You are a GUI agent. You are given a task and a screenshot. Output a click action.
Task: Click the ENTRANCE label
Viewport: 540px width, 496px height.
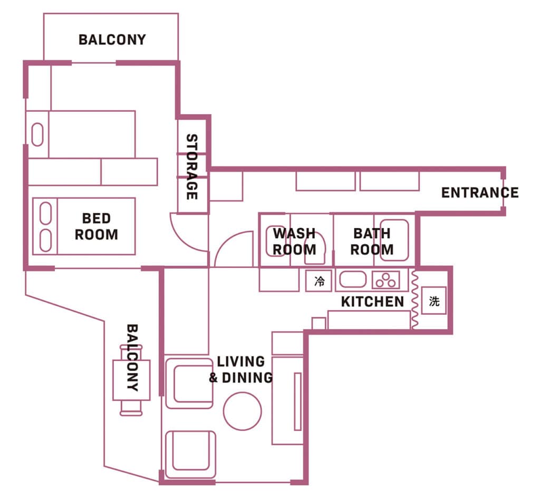480,192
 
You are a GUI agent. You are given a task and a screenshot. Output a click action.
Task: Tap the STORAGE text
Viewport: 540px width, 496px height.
192,166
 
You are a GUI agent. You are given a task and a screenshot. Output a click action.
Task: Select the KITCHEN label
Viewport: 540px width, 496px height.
372,302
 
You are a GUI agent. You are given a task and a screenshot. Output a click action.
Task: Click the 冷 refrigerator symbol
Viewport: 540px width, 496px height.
319,281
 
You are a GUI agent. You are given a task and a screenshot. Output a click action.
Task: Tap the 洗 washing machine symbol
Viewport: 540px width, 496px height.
434,301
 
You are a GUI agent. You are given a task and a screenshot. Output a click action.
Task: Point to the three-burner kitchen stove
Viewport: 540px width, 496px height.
385,280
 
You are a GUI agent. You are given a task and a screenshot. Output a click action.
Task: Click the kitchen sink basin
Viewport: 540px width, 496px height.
353,280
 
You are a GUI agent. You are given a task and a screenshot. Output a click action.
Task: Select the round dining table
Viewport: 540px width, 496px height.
243,411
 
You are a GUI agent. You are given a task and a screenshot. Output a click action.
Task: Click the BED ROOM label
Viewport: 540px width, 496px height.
97,226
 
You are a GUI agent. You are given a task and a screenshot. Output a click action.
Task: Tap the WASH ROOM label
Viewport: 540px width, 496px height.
294,241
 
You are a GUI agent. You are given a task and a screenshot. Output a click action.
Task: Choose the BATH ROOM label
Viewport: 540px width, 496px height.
372,241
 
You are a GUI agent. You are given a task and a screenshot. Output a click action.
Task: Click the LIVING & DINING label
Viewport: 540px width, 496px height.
240,369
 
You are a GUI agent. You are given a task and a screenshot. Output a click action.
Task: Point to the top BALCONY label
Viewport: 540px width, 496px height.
112,40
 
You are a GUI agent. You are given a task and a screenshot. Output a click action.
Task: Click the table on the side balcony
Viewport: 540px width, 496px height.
131,380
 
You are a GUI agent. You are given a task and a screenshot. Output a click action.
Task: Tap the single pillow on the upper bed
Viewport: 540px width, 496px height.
37,135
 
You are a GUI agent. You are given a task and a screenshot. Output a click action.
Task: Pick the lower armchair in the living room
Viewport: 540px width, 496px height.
191,454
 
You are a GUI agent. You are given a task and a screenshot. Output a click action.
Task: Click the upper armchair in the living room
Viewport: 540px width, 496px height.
189,383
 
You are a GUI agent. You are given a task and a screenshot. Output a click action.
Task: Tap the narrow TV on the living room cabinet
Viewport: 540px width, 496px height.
297,401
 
